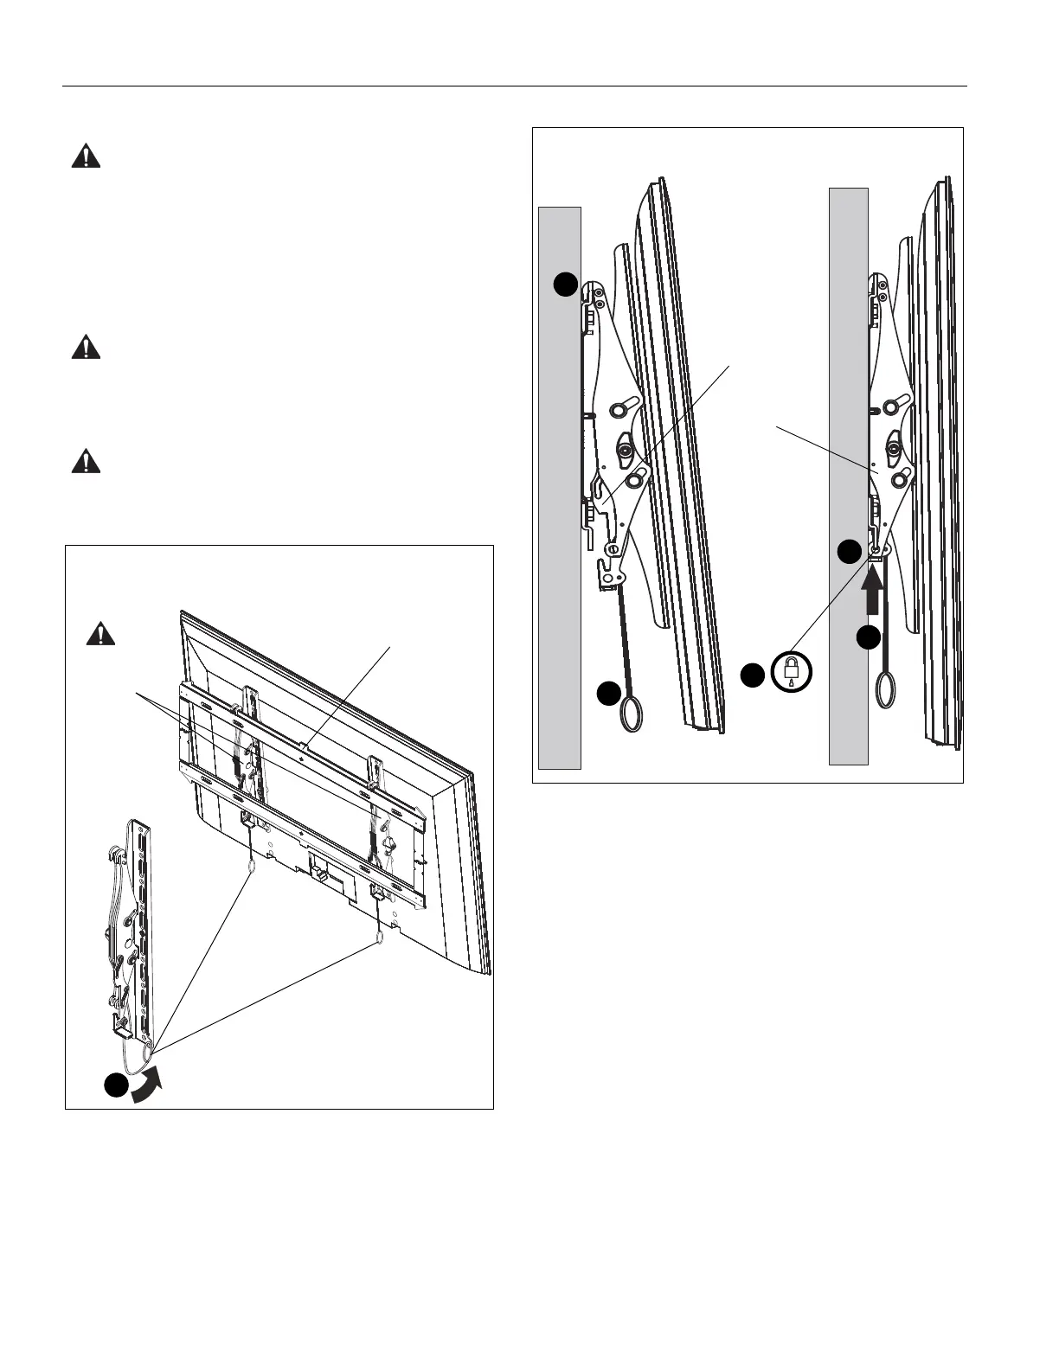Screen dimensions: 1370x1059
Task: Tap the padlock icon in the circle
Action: pos(792,670)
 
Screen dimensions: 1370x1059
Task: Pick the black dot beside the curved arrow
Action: pos(116,1086)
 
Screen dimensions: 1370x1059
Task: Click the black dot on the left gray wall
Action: pos(565,284)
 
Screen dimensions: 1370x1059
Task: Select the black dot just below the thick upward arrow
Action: pos(869,638)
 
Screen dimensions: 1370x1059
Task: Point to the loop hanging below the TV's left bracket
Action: pos(252,865)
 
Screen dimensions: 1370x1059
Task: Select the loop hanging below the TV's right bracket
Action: pos(380,937)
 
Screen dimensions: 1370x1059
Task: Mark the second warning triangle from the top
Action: pos(85,348)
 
